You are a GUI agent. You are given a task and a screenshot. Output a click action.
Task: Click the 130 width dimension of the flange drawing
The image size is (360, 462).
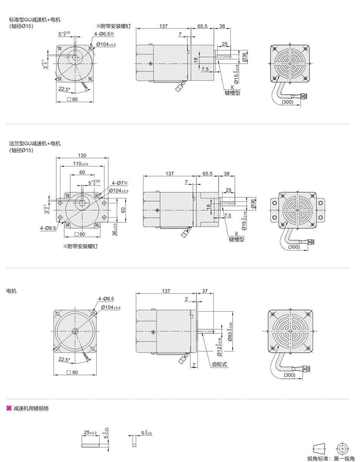coord(82,155)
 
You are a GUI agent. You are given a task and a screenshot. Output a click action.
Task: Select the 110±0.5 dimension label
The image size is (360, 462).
coord(80,164)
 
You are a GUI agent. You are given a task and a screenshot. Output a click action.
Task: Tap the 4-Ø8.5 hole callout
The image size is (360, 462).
coord(48,228)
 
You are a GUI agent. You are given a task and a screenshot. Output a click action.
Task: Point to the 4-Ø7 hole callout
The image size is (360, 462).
coord(120,183)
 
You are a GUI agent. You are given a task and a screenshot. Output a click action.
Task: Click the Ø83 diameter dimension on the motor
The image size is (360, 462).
coord(230,332)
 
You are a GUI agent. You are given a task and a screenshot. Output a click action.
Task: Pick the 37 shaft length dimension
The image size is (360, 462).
coord(205,291)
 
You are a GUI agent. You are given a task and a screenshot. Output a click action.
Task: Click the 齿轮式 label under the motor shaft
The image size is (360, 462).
coord(220,364)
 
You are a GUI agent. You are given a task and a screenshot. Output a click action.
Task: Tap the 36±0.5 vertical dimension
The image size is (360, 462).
coord(114,230)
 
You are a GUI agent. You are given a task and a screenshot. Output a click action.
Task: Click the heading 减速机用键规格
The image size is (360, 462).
coord(31,409)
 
